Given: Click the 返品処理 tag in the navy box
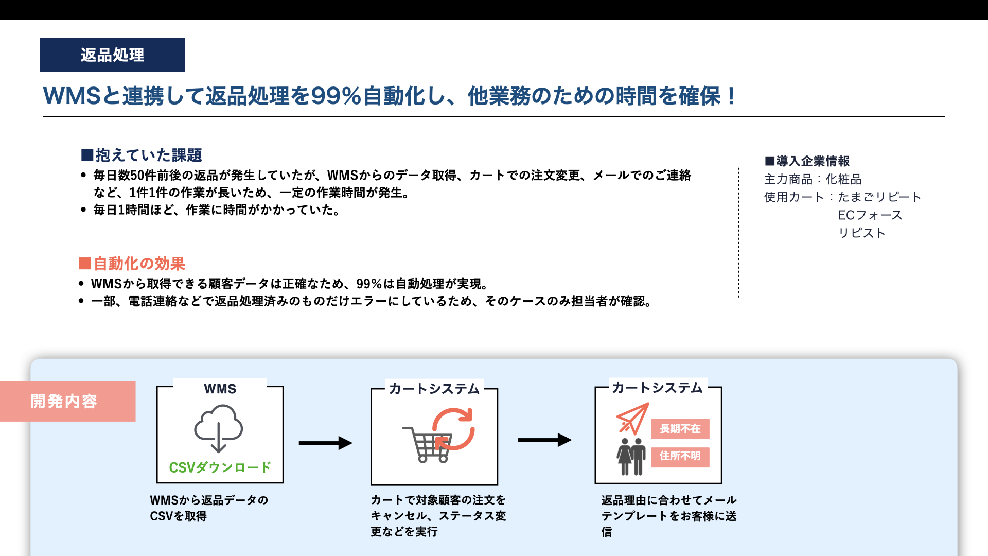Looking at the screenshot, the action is (x=112, y=55).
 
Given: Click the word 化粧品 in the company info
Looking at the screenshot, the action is (x=844, y=179).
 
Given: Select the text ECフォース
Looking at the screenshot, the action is (x=870, y=215).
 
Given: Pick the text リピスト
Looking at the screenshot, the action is (x=862, y=233).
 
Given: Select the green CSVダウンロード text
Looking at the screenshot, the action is (x=220, y=467).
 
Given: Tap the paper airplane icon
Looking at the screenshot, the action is (x=632, y=419).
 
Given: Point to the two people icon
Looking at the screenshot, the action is (x=631, y=456).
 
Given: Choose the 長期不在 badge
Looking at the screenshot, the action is (x=680, y=428).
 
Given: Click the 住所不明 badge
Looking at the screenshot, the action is (x=680, y=457).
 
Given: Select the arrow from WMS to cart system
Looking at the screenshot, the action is (x=326, y=443).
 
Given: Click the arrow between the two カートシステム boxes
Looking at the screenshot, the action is (x=545, y=440).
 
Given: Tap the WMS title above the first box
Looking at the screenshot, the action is (x=220, y=389).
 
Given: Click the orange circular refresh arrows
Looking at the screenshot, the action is (x=453, y=429).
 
